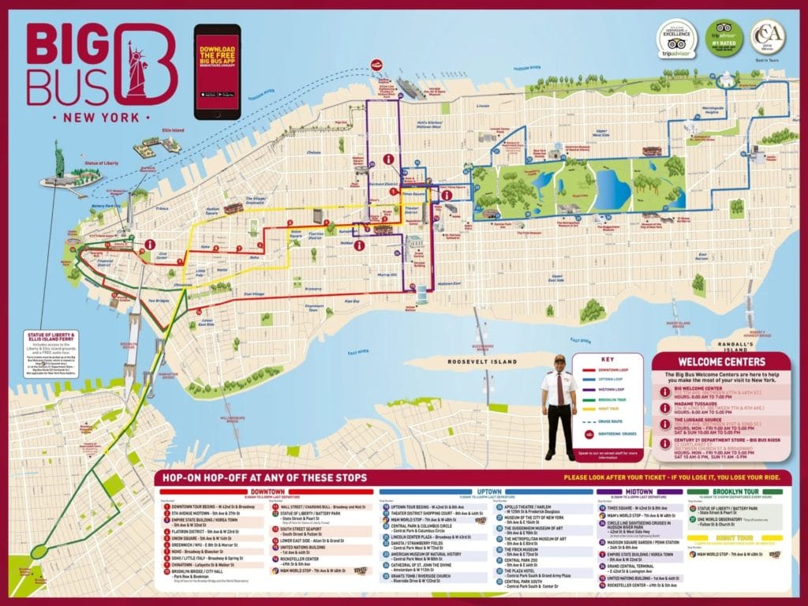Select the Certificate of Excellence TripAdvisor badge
[x=675, y=39]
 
